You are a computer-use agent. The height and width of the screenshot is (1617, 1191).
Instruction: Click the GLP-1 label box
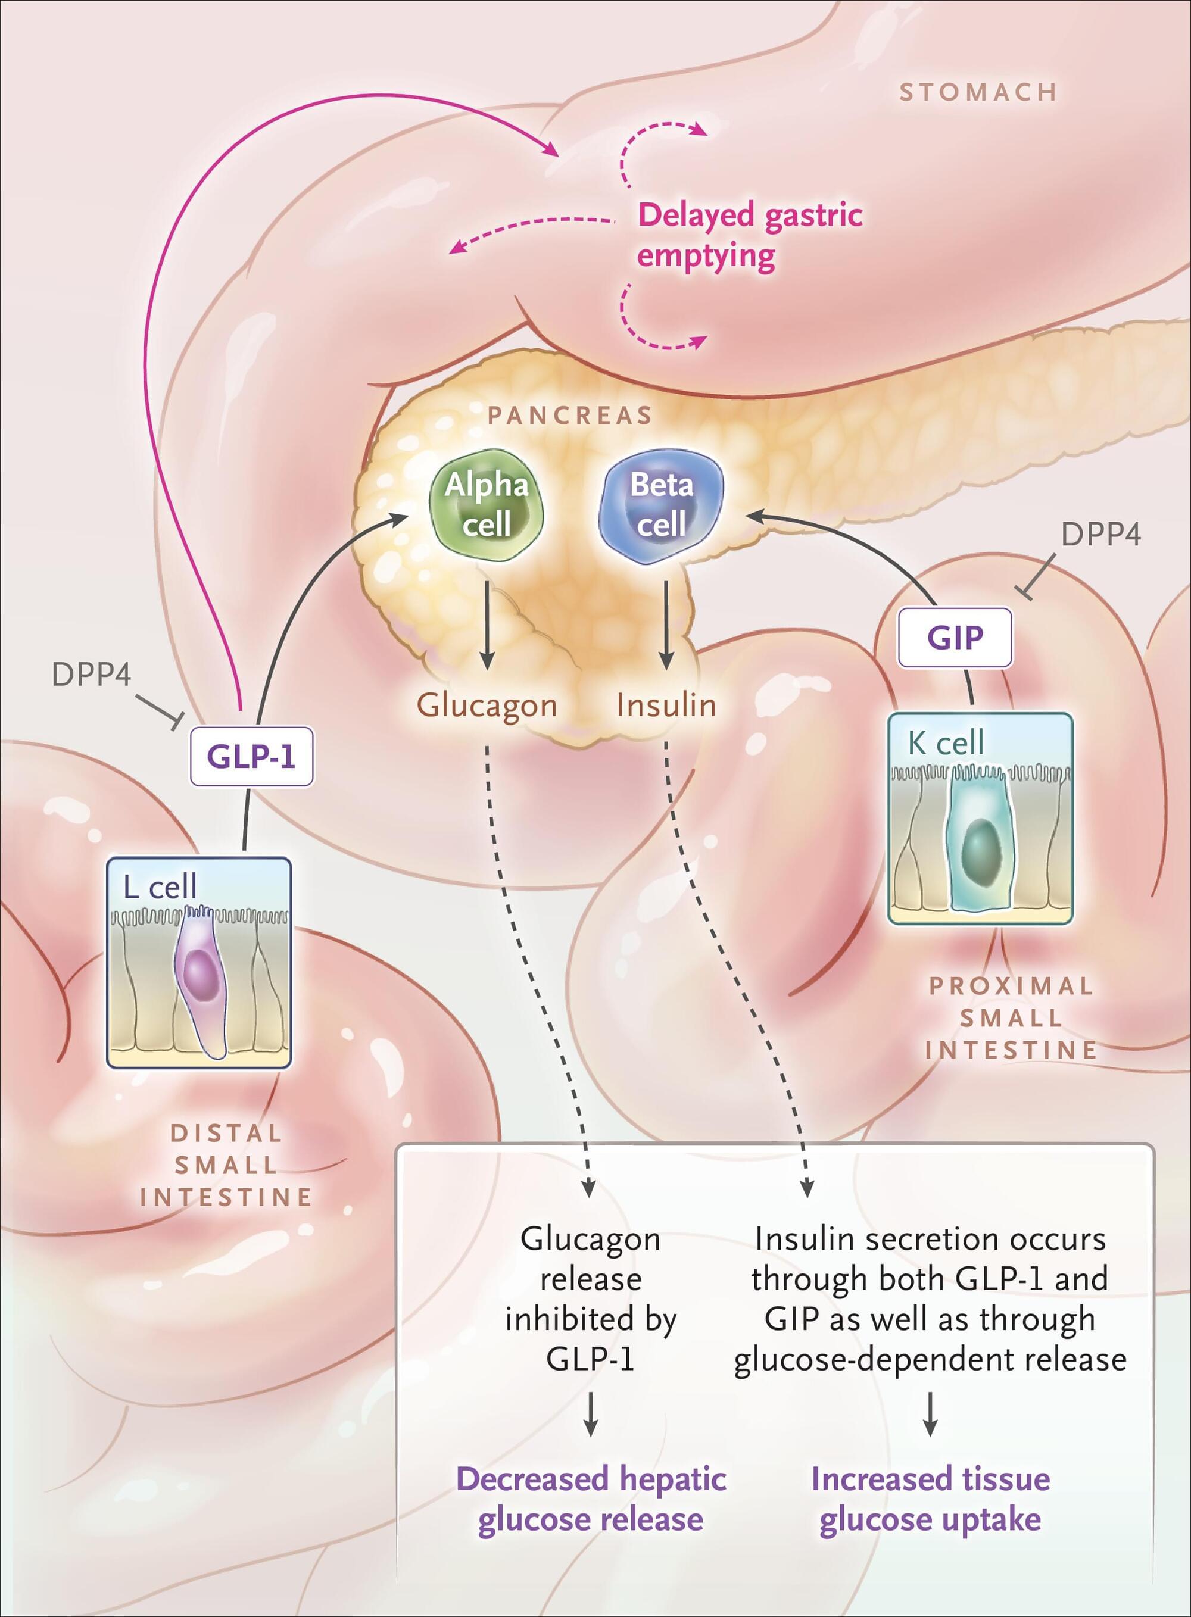click(x=251, y=756)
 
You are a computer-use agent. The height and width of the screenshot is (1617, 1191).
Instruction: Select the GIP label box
click(x=955, y=638)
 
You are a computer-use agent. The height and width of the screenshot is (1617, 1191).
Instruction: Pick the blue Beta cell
click(x=661, y=504)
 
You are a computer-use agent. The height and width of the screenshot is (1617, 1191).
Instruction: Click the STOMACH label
click(x=978, y=92)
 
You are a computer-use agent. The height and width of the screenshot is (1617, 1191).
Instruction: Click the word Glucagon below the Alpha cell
click(x=487, y=705)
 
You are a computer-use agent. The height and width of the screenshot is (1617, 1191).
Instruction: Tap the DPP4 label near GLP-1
click(x=92, y=675)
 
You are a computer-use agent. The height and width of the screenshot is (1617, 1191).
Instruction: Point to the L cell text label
click(x=160, y=886)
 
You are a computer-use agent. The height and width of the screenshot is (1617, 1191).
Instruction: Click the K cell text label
click(x=946, y=742)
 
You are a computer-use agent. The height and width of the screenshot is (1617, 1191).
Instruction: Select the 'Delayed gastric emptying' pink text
click(x=750, y=235)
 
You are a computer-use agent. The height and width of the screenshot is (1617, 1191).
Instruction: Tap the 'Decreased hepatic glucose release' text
click(x=591, y=1500)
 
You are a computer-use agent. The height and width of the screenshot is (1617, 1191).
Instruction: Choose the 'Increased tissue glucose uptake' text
click(x=930, y=1500)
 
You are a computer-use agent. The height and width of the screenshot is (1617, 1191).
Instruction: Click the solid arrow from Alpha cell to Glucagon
click(x=487, y=624)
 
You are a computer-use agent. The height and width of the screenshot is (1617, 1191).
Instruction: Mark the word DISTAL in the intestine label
click(x=226, y=1133)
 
